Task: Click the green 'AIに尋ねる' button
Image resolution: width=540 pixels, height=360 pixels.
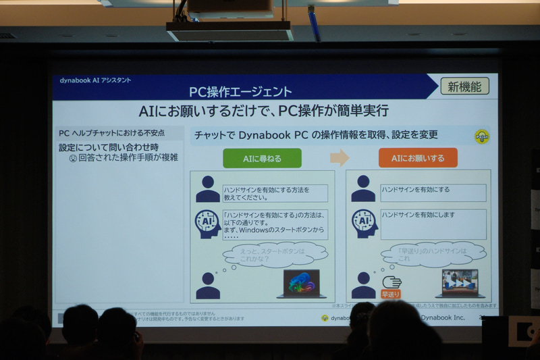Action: tap(262, 158)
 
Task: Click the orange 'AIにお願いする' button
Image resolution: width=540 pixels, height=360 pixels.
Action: tap(418, 158)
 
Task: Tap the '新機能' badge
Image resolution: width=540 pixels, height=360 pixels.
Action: tap(464, 86)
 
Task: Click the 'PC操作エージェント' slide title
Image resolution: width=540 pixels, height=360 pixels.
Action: tap(241, 91)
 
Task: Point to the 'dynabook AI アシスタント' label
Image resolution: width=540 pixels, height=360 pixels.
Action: tap(95, 80)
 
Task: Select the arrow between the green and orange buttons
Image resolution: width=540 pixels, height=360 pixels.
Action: tap(340, 158)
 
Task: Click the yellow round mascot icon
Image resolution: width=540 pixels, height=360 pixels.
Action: tap(481, 136)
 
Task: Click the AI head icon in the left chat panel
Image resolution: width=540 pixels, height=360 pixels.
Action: tap(207, 223)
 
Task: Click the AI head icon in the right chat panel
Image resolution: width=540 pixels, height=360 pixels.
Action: tap(363, 222)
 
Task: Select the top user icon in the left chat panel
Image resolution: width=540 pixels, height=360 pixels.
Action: tap(207, 189)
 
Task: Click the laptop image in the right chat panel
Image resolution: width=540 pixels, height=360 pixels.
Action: tap(460, 284)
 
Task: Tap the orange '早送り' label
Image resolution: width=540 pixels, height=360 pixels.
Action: tap(391, 294)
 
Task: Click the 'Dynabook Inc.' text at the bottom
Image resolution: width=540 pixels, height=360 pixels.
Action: tap(443, 317)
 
